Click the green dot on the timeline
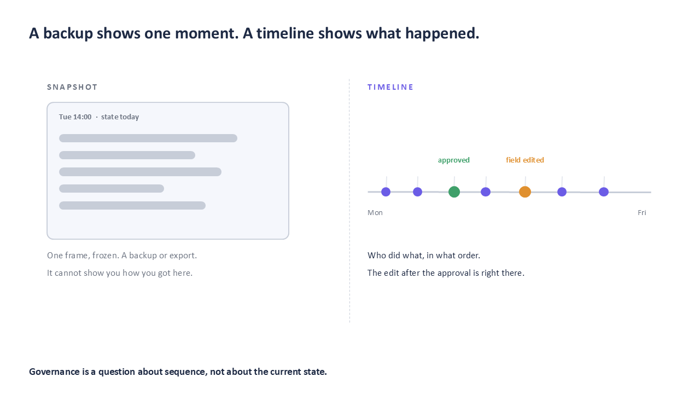point(454,192)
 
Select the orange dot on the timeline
point(525,192)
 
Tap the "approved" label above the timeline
point(454,160)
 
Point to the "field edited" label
point(525,160)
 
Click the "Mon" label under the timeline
point(375,213)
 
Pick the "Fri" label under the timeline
point(642,213)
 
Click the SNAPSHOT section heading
point(72,87)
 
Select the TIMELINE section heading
point(390,87)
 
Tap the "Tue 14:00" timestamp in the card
point(75,117)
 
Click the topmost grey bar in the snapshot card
point(148,138)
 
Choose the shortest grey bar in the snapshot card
point(112,189)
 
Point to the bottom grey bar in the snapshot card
point(132,205)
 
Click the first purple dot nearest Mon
point(386,192)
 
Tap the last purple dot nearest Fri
point(604,192)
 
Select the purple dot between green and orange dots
point(486,192)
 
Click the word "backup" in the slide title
point(68,33)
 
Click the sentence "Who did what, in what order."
point(424,256)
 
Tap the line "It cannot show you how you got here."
point(120,273)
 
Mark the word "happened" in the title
point(440,33)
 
